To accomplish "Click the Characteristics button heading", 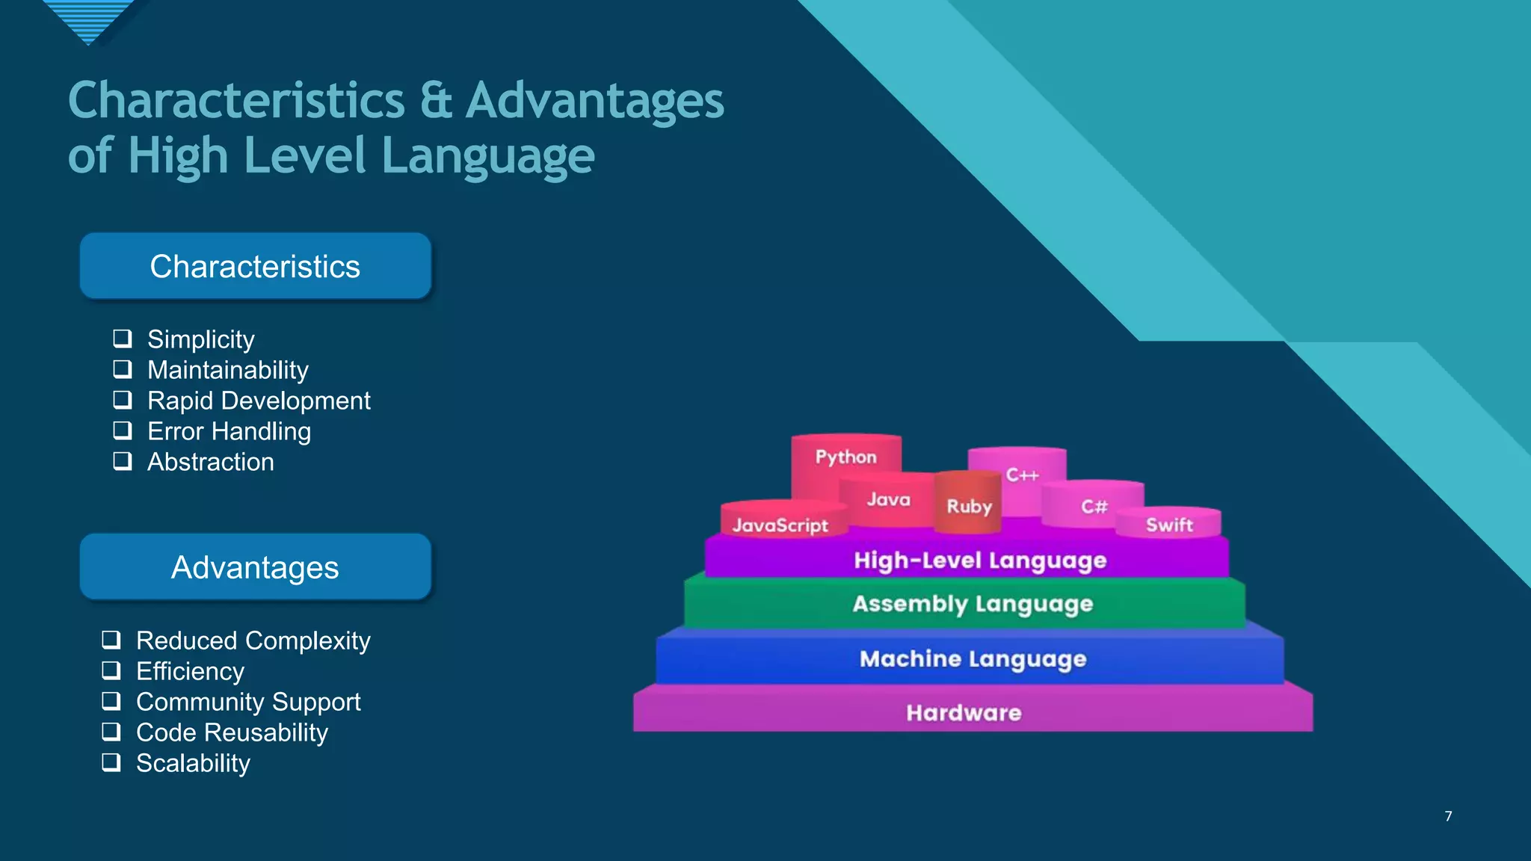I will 255,266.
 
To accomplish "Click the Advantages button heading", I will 255,567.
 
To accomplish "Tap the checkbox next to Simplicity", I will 123,339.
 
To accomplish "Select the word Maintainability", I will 228,370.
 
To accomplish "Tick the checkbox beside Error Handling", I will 123,430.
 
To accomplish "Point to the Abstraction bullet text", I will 211,462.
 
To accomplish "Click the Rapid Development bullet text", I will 259,401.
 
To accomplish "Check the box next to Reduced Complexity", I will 111,640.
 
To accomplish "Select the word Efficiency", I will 190,671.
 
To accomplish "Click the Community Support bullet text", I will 248,702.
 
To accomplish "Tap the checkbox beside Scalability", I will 111,762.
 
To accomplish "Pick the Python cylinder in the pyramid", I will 845,457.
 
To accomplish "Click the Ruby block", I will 969,506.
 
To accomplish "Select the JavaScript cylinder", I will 780,525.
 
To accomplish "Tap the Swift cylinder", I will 1169,525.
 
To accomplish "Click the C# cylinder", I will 1094,506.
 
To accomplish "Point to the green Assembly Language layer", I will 972,603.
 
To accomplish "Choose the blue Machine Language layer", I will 972,658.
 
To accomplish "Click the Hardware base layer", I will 964,712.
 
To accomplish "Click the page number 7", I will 1448,816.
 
